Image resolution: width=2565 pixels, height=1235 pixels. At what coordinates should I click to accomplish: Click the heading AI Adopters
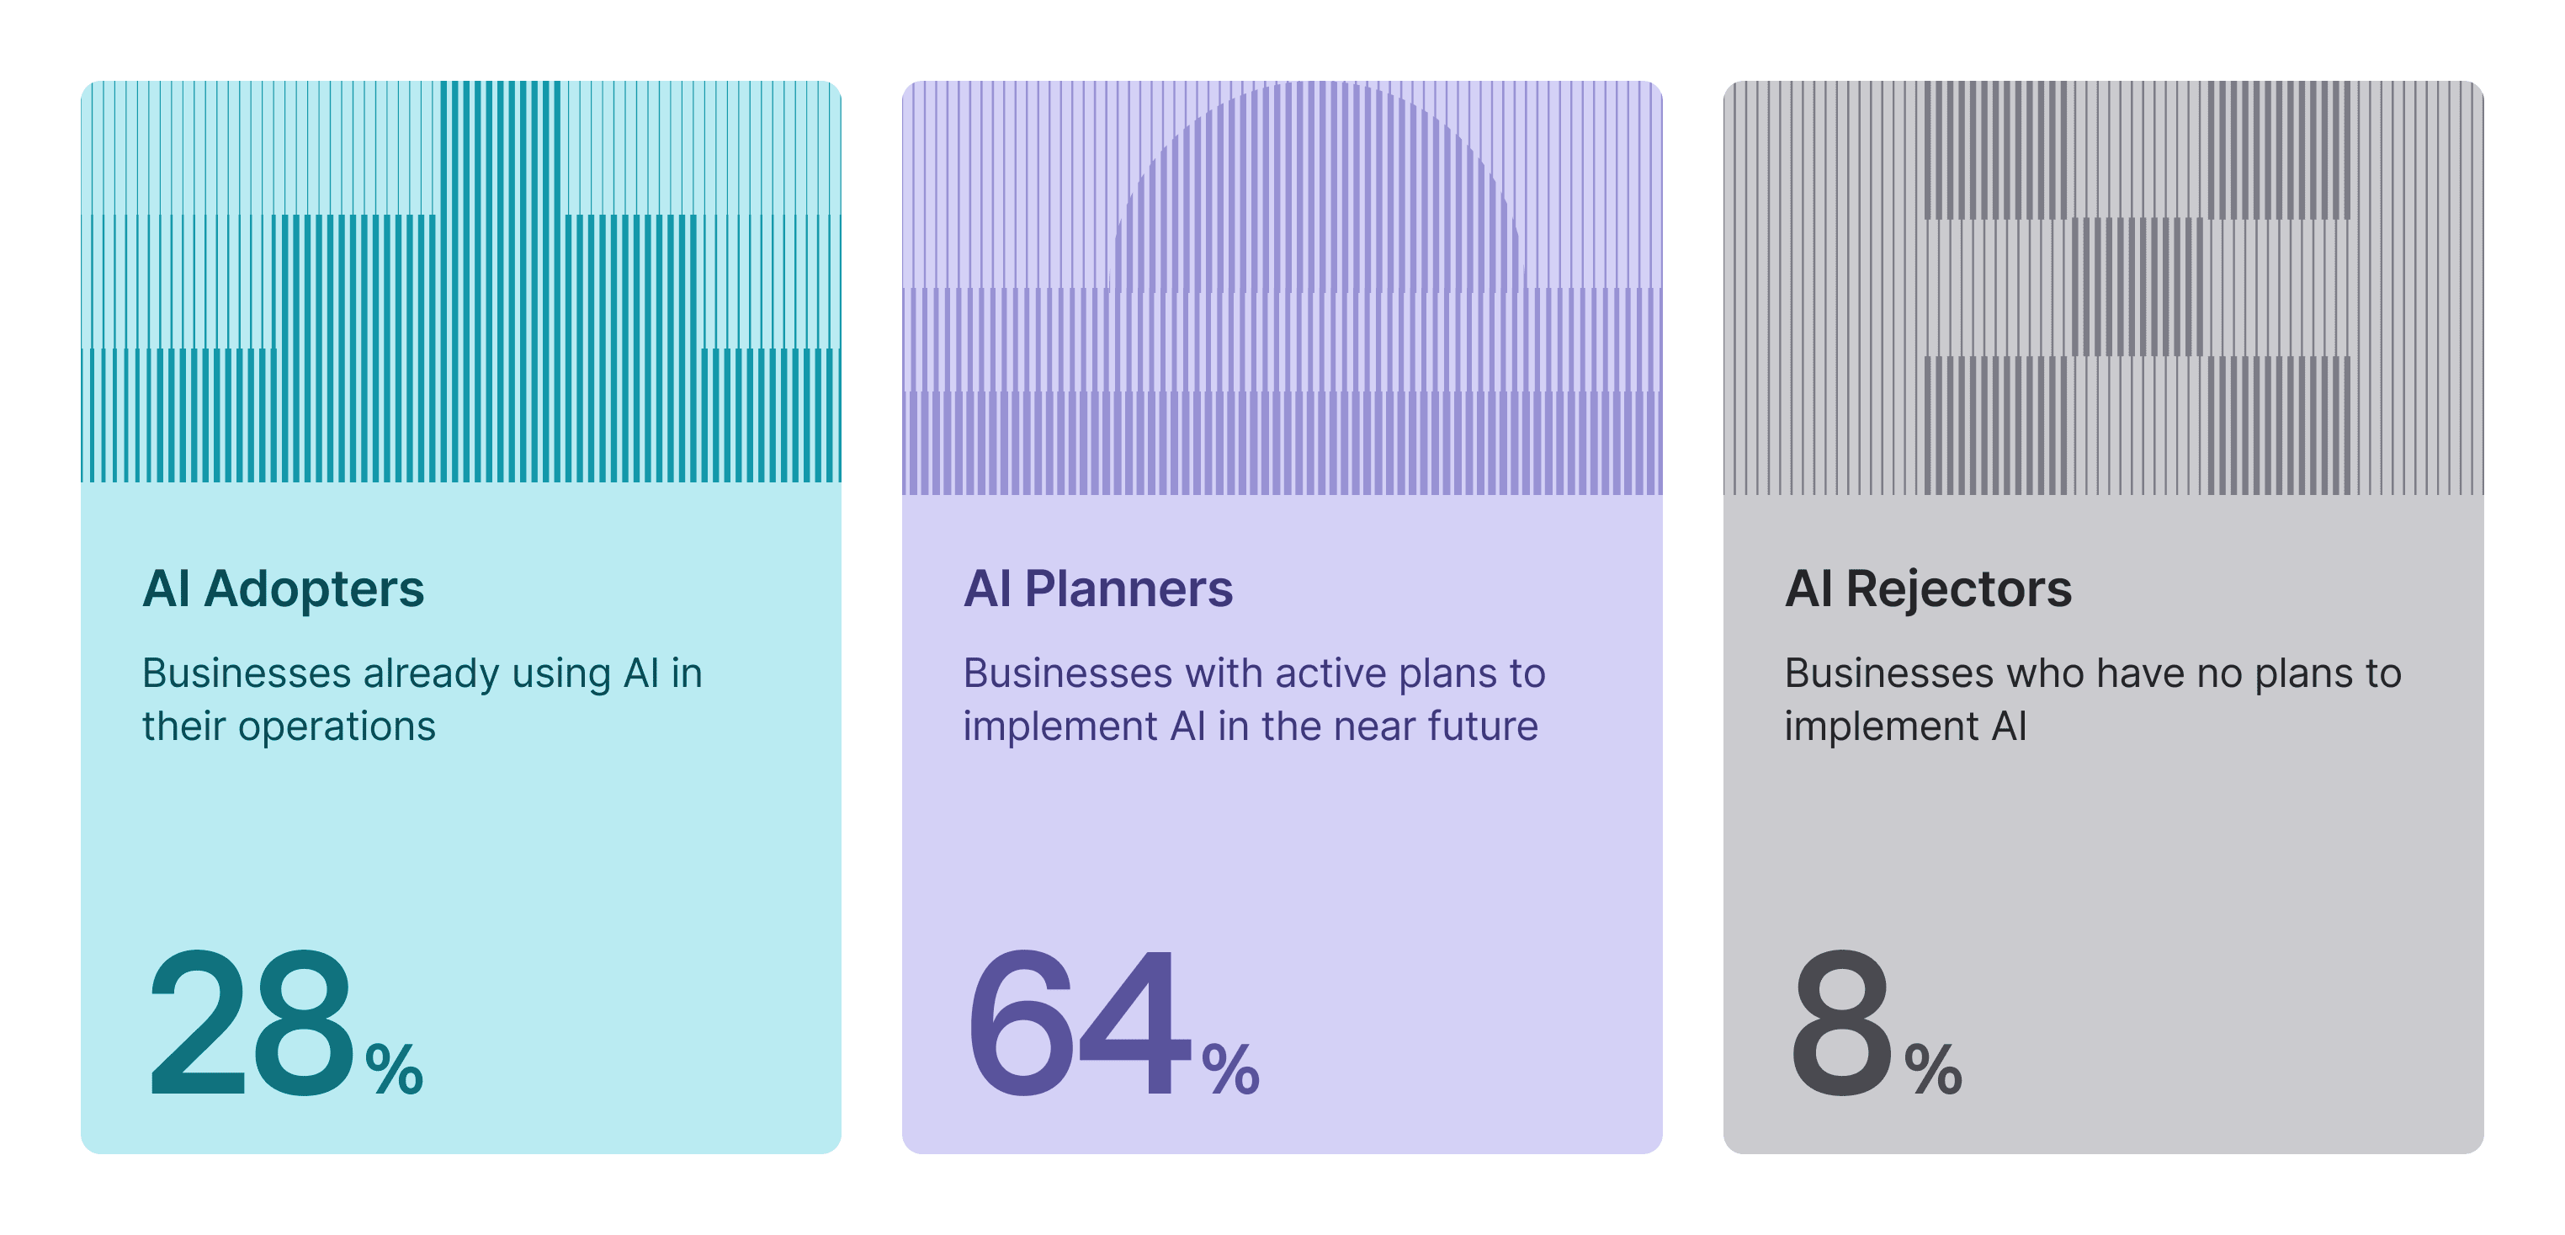[283, 588]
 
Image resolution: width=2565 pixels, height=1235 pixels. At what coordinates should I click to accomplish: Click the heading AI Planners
[1097, 588]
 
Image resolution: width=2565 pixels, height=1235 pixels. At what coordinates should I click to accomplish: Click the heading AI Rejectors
[1928, 588]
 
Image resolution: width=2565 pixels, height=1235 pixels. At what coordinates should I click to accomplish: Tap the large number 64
[1078, 1024]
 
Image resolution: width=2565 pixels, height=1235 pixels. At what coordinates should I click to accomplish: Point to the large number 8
[1840, 1024]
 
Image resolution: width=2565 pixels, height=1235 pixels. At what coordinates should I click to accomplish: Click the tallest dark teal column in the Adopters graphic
[501, 279]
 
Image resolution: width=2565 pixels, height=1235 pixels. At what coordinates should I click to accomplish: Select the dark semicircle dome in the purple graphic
[1316, 200]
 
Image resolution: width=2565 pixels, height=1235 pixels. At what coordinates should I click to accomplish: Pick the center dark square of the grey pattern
[2137, 287]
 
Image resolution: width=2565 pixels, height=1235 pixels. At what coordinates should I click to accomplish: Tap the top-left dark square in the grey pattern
[1994, 149]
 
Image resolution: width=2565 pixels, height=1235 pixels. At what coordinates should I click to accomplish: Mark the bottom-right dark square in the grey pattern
[2279, 425]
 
